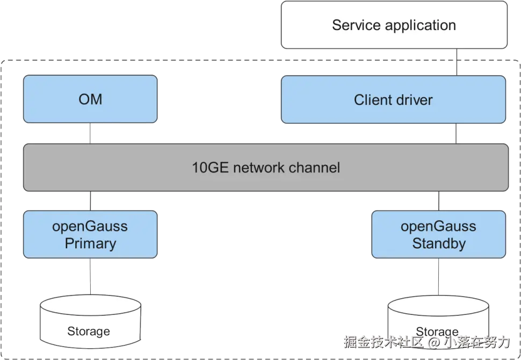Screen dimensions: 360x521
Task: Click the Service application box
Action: click(394, 25)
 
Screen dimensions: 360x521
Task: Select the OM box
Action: click(90, 99)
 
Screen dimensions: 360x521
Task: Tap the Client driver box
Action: click(393, 99)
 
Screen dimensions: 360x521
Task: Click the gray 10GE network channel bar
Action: click(266, 167)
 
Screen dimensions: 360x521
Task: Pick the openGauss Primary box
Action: click(90, 235)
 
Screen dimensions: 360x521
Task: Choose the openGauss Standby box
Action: click(438, 235)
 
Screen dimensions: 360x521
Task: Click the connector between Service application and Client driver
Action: click(457, 62)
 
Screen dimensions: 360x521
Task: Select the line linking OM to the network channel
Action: click(89, 134)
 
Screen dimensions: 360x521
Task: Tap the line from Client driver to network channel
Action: click(457, 134)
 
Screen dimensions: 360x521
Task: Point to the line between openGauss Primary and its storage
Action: click(89, 278)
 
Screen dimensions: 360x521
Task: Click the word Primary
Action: click(90, 243)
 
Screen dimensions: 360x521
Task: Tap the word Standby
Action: click(438, 243)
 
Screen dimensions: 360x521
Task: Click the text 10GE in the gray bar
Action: click(207, 168)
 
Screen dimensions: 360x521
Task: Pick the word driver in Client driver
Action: click(413, 99)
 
